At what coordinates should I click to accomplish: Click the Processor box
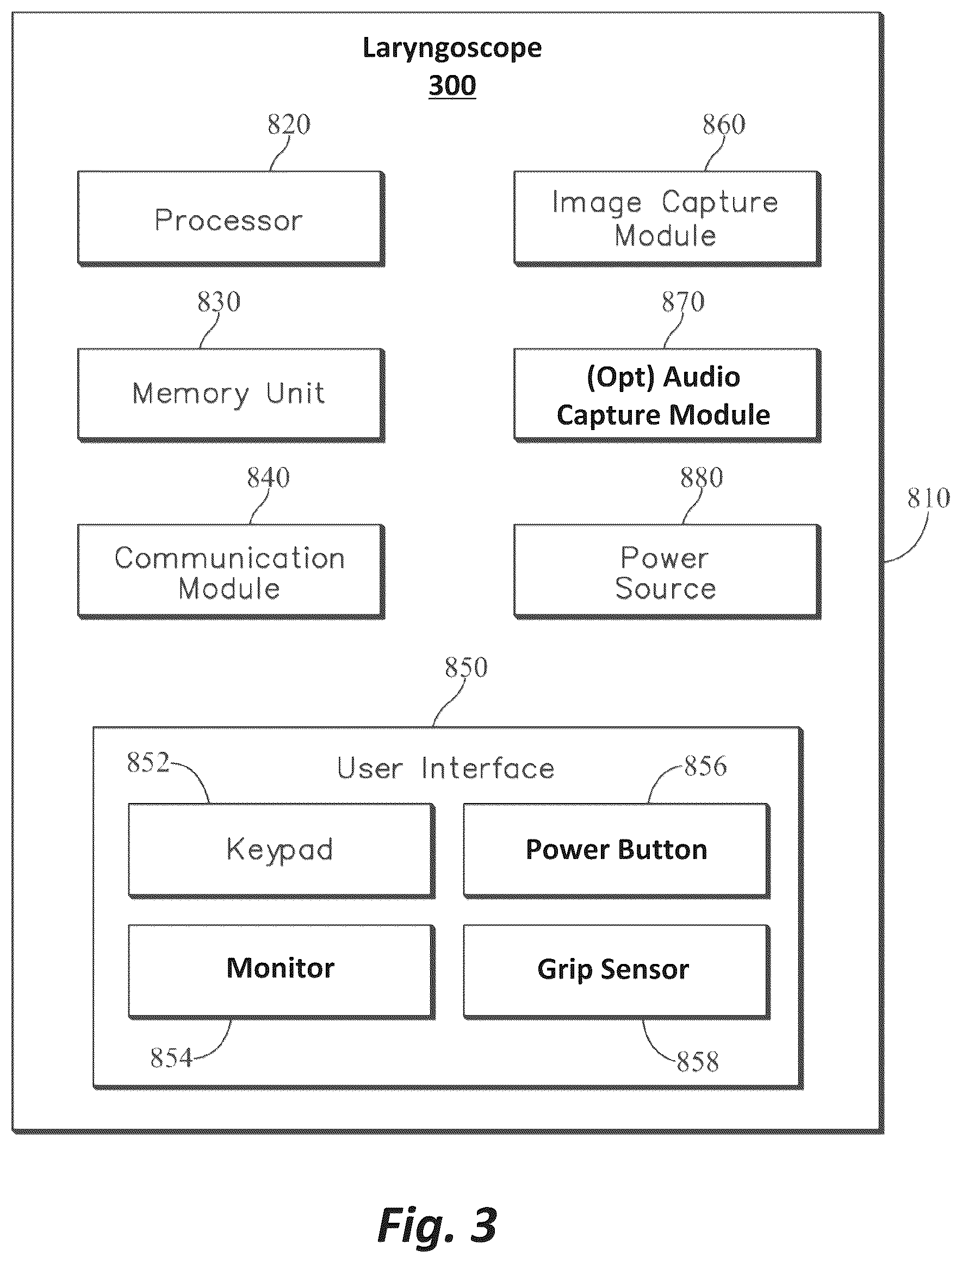tap(231, 219)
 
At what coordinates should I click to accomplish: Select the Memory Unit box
tap(231, 395)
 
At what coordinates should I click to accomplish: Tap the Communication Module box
tap(231, 571)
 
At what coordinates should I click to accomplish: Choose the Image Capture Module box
tap(667, 219)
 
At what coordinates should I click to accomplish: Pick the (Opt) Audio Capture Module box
tap(667, 395)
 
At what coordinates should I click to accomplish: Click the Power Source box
tap(667, 571)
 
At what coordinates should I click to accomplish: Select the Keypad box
tap(282, 851)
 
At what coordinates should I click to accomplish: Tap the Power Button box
tap(617, 851)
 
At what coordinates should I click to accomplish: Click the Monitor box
tap(282, 972)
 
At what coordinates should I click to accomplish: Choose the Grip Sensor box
tap(617, 972)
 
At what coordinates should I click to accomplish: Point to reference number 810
tap(928, 498)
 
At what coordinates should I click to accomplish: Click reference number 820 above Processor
tap(289, 125)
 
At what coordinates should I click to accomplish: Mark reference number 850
tap(466, 668)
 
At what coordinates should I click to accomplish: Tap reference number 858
tap(698, 1062)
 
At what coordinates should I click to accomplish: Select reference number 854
tap(171, 1058)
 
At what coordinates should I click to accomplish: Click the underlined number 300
tap(452, 85)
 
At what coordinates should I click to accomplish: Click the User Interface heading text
tap(445, 768)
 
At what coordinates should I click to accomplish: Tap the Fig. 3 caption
tap(437, 1227)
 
